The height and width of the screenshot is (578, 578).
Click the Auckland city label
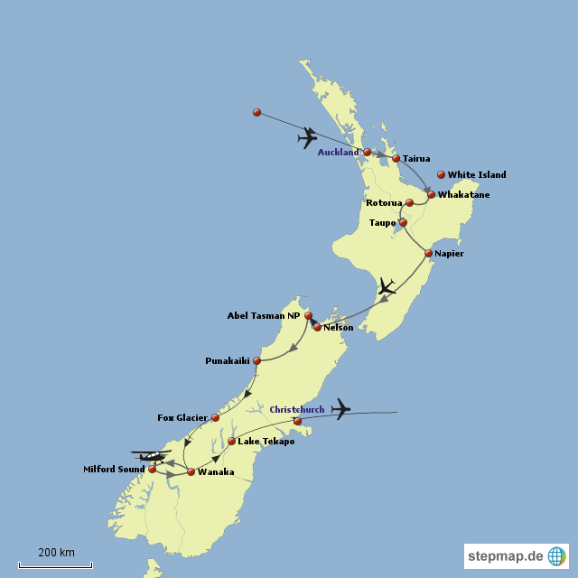tap(338, 153)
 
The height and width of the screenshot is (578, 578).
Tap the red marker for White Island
tap(441, 174)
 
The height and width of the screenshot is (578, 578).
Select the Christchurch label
tap(297, 410)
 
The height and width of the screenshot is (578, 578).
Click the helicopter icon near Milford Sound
tap(150, 455)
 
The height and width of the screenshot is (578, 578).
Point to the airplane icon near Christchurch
tap(340, 409)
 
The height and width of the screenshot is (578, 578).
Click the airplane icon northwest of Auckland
tap(308, 138)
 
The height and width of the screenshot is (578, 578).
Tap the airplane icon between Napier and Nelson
tap(387, 288)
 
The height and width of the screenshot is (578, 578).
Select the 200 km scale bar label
tap(56, 552)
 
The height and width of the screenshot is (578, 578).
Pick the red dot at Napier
tap(428, 254)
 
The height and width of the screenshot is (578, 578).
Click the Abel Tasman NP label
tap(264, 316)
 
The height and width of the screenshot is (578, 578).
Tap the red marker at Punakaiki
tap(257, 361)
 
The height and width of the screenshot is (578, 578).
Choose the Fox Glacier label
tap(182, 418)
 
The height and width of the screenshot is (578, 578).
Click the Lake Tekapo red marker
tap(232, 442)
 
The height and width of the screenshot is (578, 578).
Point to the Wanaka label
tap(216, 472)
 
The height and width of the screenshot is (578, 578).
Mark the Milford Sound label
tap(115, 470)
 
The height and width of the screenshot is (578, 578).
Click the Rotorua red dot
tap(409, 203)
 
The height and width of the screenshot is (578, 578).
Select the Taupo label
tap(383, 222)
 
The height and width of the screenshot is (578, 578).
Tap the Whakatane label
tap(463, 195)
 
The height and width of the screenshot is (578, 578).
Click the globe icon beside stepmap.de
tap(557, 556)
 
